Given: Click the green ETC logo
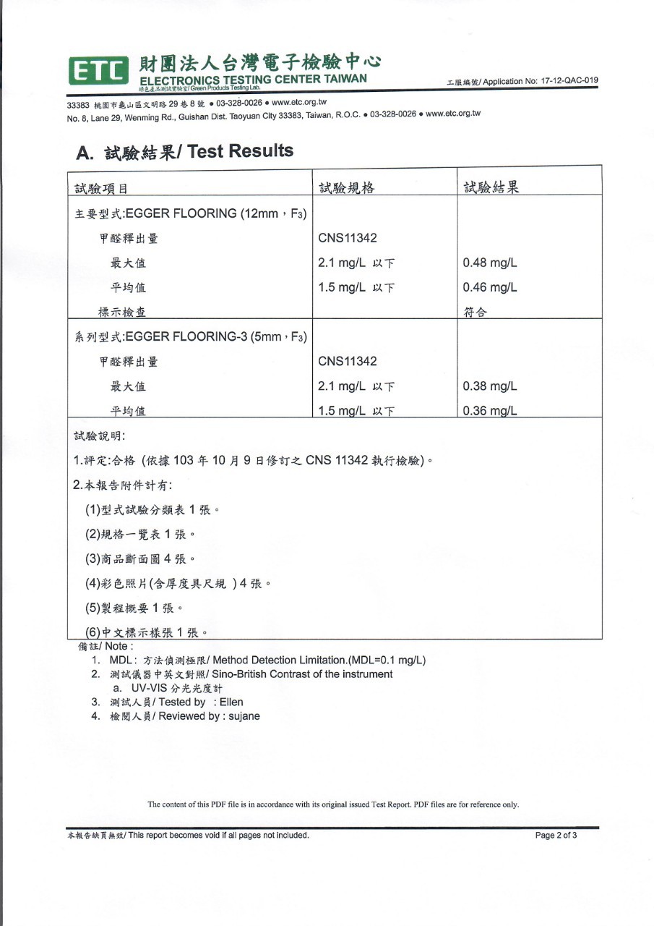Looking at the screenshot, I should [98, 70].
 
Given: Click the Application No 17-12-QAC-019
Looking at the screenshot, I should [559, 81].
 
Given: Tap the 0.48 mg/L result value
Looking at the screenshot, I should [489, 262].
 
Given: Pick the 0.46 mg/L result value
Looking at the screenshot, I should [489, 287].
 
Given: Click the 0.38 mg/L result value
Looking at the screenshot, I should [489, 386].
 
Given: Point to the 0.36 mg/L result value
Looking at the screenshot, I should [489, 411].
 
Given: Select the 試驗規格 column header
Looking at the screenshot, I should [346, 189].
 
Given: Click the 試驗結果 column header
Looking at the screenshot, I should [491, 189].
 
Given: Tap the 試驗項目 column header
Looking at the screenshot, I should [101, 190].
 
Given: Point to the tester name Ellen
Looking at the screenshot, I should [231, 702].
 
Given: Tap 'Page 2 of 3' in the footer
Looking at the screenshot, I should [556, 835].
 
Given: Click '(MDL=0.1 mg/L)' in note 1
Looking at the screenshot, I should [387, 660].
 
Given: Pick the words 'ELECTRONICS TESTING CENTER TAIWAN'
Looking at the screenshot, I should [253, 79].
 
